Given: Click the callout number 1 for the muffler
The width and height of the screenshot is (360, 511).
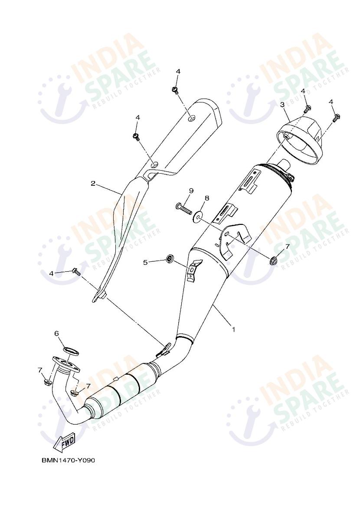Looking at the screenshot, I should [x=233, y=330].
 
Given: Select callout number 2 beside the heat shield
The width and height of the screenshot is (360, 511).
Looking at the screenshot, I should [x=93, y=183].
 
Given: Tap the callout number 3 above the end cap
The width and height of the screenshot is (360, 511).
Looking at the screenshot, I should [x=282, y=105].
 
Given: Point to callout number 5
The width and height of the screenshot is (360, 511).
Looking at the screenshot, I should [x=146, y=262].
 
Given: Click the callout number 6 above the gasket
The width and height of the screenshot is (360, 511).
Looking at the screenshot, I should [x=56, y=333].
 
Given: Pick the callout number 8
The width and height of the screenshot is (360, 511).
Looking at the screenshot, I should [x=207, y=198].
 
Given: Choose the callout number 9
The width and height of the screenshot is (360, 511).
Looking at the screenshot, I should [x=190, y=191].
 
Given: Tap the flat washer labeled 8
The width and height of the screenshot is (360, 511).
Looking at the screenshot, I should [x=199, y=216].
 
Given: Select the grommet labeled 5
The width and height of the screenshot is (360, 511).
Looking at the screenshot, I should [x=169, y=260].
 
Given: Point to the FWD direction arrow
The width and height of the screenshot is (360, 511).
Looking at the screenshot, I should [x=64, y=442].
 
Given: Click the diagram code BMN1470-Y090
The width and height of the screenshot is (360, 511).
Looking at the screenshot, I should [x=68, y=460].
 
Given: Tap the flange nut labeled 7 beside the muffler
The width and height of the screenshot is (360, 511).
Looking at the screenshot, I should [x=274, y=260].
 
